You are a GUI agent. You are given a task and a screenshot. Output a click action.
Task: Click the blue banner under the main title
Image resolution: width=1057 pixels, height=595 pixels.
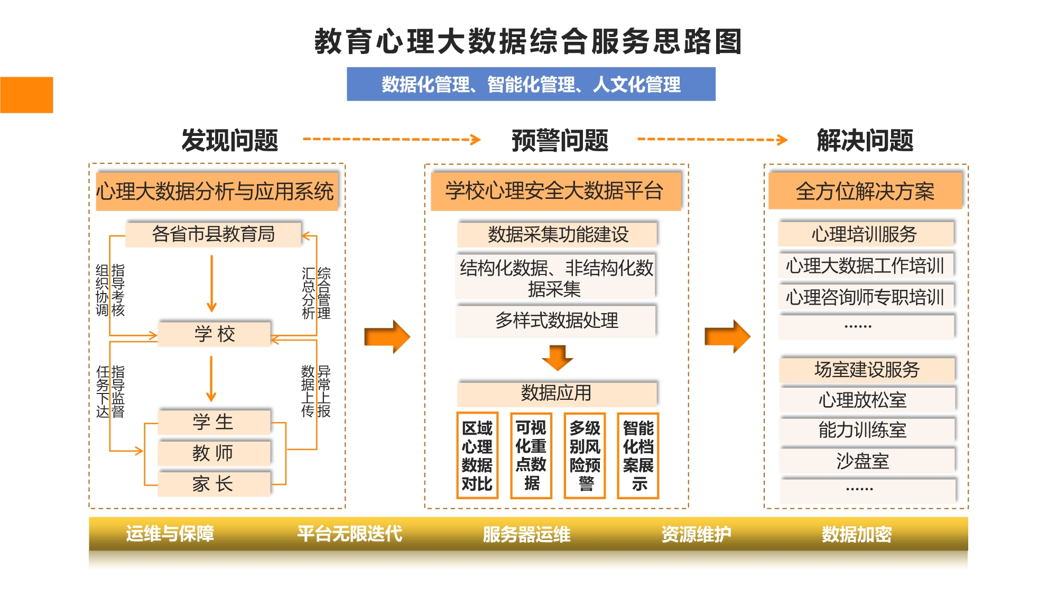531,84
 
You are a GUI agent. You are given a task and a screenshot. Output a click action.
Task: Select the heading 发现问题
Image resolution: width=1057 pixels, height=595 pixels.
230,140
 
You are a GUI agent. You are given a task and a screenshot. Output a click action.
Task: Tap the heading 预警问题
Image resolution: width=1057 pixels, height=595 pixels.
560,140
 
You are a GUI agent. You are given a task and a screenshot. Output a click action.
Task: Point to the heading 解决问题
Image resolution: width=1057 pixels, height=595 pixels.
865,140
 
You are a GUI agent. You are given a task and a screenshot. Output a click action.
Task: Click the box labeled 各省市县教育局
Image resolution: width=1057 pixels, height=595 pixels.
214,234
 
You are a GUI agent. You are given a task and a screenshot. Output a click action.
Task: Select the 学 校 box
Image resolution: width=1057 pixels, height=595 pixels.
215,334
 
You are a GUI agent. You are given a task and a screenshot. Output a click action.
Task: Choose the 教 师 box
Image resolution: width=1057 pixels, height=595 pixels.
214,453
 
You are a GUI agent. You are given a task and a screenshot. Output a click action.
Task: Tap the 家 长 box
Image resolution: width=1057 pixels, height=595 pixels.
214,483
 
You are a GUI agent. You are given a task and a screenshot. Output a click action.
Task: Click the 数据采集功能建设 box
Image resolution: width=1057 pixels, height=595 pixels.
558,234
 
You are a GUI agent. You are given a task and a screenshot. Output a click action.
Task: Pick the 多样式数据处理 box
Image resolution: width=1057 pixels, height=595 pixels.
557,320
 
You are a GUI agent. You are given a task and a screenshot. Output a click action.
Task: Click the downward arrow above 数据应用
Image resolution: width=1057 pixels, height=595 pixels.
557,358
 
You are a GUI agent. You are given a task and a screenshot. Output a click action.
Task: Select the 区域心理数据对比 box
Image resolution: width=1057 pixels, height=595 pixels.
477,455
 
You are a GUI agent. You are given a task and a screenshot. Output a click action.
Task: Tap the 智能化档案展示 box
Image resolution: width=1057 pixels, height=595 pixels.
638,455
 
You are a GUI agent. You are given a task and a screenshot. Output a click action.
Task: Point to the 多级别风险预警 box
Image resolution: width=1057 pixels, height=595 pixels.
585,455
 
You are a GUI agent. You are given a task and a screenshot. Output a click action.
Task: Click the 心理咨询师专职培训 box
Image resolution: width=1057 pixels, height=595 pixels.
866,297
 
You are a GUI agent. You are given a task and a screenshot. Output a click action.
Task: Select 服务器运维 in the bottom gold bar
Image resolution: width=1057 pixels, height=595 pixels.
526,534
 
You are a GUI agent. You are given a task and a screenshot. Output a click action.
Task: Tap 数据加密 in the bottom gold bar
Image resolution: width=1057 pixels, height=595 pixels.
857,534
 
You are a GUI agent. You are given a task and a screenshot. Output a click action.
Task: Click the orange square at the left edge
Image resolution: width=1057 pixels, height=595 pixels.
26,95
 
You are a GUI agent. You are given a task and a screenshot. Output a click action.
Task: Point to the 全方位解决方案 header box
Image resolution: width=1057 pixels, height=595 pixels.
865,191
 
